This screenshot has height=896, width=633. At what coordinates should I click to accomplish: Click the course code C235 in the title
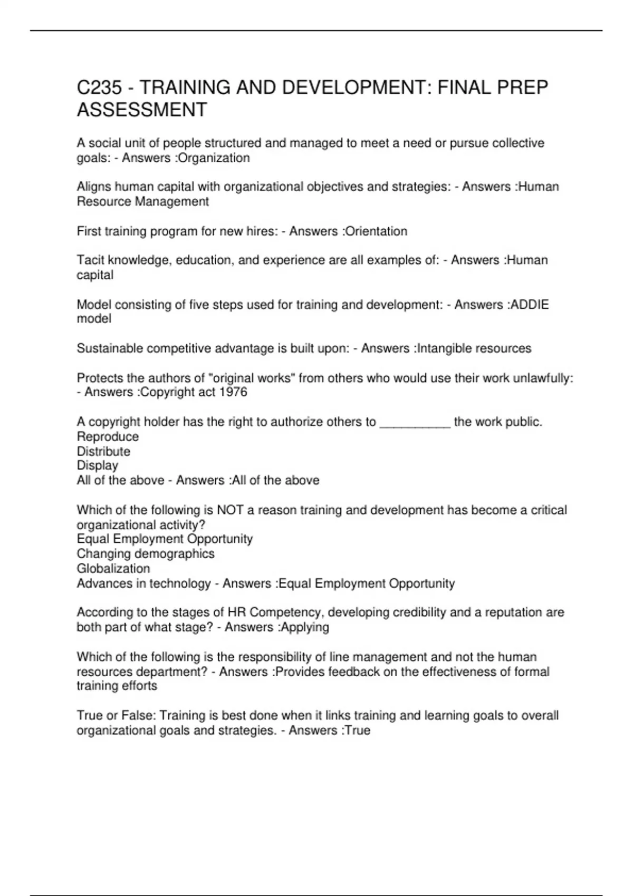pyautogui.click(x=100, y=87)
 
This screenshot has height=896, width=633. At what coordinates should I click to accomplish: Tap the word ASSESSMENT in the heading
pyautogui.click(x=142, y=110)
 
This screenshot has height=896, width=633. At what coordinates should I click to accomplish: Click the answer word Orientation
pyautogui.click(x=376, y=231)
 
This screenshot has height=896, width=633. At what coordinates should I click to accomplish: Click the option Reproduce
pyautogui.click(x=108, y=437)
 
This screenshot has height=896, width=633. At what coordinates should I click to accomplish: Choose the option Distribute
pyautogui.click(x=103, y=452)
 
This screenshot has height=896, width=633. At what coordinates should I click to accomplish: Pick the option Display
pyautogui.click(x=98, y=466)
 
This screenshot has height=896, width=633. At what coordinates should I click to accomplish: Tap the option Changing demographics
pyautogui.click(x=146, y=554)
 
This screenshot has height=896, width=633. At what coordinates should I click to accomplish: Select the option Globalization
pyautogui.click(x=113, y=569)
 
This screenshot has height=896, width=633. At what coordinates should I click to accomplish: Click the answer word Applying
pyautogui.click(x=305, y=627)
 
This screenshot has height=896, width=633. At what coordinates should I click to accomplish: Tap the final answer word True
pyautogui.click(x=358, y=731)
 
